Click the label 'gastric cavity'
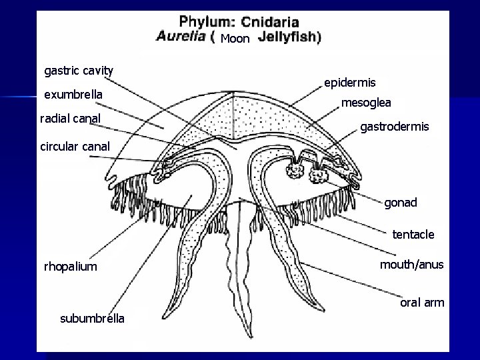point(79,71)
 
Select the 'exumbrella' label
point(73,95)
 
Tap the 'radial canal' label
point(70,119)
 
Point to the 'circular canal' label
point(71,145)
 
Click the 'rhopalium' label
point(70,267)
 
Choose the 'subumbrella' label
point(92,318)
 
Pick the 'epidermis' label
point(349,83)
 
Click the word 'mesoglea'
point(366,103)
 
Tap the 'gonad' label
point(400,203)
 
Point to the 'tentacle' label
point(413,234)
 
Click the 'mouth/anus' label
point(411,265)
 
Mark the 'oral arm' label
point(421,302)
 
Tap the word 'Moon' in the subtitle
point(235,39)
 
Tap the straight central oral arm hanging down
point(237,267)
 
